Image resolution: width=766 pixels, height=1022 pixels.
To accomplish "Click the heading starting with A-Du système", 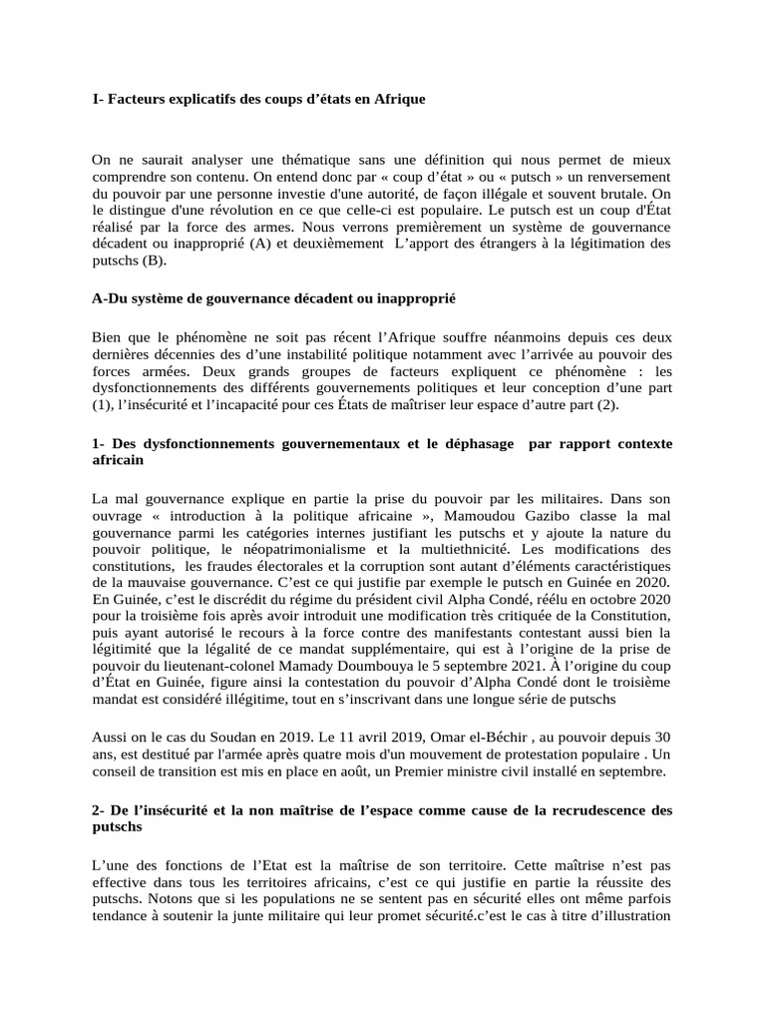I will coord(273,298).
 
